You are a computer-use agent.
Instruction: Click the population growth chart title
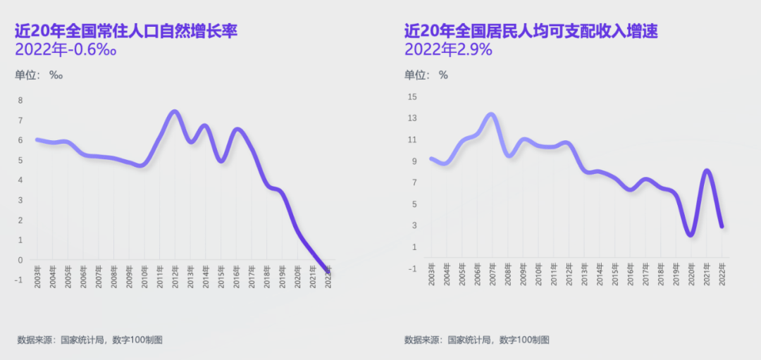pos(126,32)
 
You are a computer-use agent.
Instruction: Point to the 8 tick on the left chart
pos(20,101)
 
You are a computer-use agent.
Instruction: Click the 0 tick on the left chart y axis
pos(20,261)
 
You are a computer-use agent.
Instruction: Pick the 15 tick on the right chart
pos(413,97)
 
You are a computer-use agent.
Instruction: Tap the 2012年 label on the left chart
pos(174,273)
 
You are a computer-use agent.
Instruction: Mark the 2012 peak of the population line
pos(175,111)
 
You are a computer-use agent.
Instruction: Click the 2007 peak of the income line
pos(492,114)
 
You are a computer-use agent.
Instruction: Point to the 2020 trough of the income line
pos(691,234)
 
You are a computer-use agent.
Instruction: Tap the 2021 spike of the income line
pos(707,170)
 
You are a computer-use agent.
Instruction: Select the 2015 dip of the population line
pos(221,161)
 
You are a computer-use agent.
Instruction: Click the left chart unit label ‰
pos(56,75)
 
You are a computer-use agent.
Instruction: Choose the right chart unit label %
pos(443,75)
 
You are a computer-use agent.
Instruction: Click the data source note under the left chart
pos(90,340)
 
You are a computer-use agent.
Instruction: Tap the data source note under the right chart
pos(476,340)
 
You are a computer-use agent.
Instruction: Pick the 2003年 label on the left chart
pos(36,273)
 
